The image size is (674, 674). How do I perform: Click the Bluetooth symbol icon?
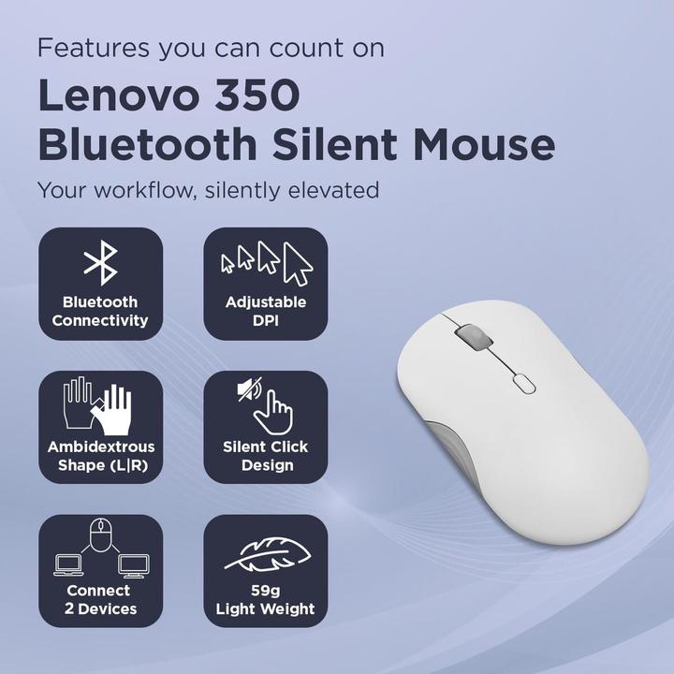100,262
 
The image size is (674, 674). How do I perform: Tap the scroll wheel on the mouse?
467,336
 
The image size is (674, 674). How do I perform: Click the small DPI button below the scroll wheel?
521,382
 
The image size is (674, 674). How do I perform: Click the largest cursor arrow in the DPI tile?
298,263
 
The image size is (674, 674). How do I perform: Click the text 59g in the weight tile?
265,591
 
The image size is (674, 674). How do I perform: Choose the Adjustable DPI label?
265,311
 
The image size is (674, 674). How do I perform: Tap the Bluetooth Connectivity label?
100,311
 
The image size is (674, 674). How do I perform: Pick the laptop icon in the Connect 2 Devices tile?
69,565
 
